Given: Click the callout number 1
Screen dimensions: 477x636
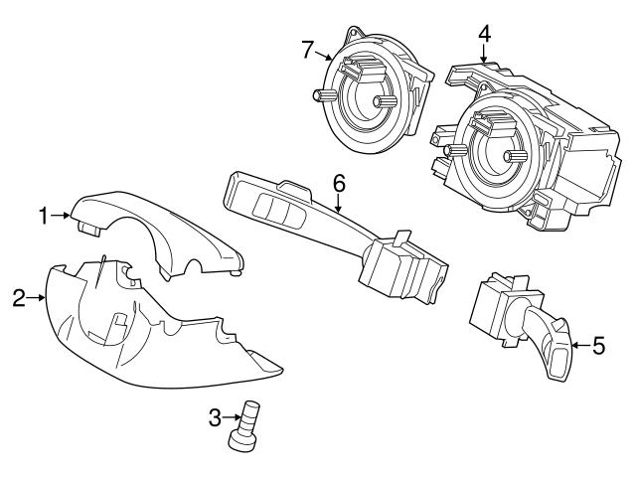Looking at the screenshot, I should pyautogui.click(x=44, y=214).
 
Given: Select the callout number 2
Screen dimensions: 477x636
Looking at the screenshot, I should pyautogui.click(x=18, y=296).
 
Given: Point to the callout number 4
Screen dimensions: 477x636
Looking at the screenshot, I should pyautogui.click(x=483, y=33).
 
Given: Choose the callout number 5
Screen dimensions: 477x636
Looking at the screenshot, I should pyautogui.click(x=598, y=346).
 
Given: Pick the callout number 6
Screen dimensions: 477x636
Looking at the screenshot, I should pyautogui.click(x=338, y=183).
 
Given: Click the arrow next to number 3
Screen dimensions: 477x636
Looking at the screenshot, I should pyautogui.click(x=230, y=417).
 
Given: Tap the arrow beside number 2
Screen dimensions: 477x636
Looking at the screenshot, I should pyautogui.click(x=36, y=296).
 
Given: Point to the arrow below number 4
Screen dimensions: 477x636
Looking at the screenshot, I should pyautogui.click(x=483, y=55).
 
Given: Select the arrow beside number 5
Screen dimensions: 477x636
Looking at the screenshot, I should pyautogui.click(x=580, y=346).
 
